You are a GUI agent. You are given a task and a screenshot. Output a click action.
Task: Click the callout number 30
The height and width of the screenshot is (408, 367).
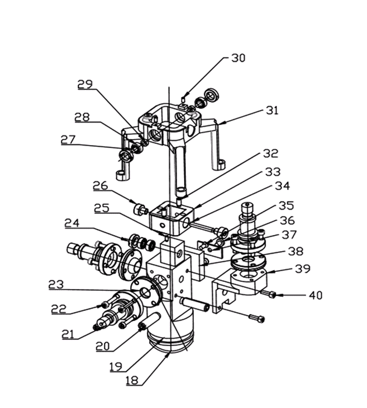[238, 58]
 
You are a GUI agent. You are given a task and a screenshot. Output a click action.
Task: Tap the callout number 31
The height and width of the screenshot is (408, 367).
[272, 111]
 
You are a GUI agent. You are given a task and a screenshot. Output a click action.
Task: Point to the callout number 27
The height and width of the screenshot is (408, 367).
[68, 140]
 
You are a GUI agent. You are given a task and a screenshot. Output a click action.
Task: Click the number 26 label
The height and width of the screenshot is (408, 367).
[100, 185]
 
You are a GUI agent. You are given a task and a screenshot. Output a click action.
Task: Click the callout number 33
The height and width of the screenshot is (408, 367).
[273, 172]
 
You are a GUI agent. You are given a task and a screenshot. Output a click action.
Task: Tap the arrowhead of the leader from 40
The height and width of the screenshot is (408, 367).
[277, 295]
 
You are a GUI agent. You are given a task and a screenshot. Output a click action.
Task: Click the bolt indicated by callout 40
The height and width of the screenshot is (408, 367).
[271, 294]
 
